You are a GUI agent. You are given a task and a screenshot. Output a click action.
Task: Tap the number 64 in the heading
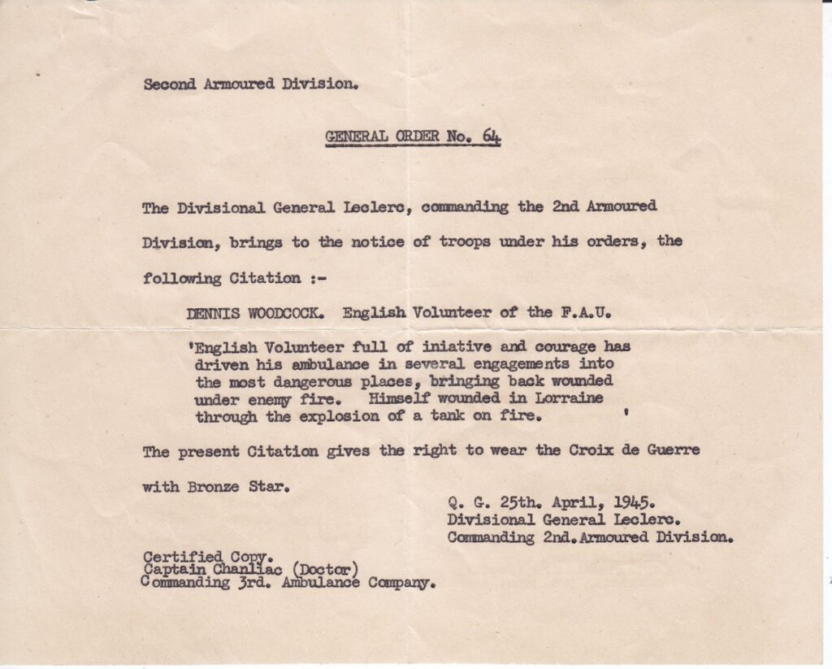pyautogui.click(x=492, y=137)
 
